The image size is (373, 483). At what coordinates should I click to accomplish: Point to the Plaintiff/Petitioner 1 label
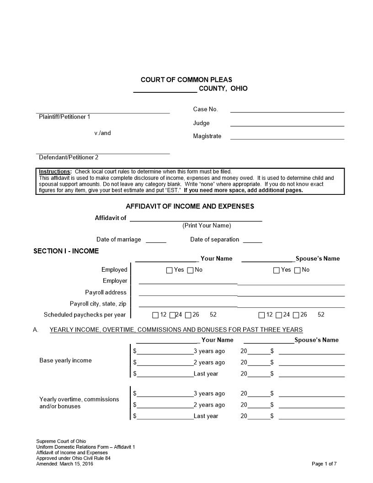coord(64,117)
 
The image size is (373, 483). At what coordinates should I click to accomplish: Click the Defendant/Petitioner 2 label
coord(69,157)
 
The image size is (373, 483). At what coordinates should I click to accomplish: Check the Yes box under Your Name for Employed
coord(170,270)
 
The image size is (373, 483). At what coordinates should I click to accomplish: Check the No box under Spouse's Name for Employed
coord(298,270)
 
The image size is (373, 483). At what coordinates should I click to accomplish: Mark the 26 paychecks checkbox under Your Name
coord(188,315)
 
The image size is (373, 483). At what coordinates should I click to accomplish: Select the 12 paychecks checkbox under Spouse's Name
coord(261,315)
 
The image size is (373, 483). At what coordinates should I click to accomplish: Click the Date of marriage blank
coord(156,241)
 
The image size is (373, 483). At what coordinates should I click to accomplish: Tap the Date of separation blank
coord(252,241)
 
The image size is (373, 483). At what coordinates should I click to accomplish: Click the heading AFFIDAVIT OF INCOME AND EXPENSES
coord(190,206)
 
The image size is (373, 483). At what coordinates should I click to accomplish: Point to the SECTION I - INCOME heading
coord(66,251)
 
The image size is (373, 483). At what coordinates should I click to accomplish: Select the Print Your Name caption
coord(207,225)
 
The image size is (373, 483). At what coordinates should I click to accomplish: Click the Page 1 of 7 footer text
coord(324,464)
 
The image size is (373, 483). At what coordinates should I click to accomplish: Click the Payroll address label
coord(106,293)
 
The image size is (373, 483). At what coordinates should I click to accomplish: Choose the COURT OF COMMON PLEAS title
coord(186,80)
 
